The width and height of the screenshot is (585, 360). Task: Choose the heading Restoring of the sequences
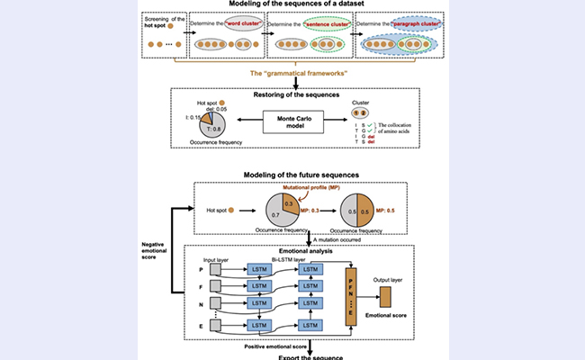(291, 94)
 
